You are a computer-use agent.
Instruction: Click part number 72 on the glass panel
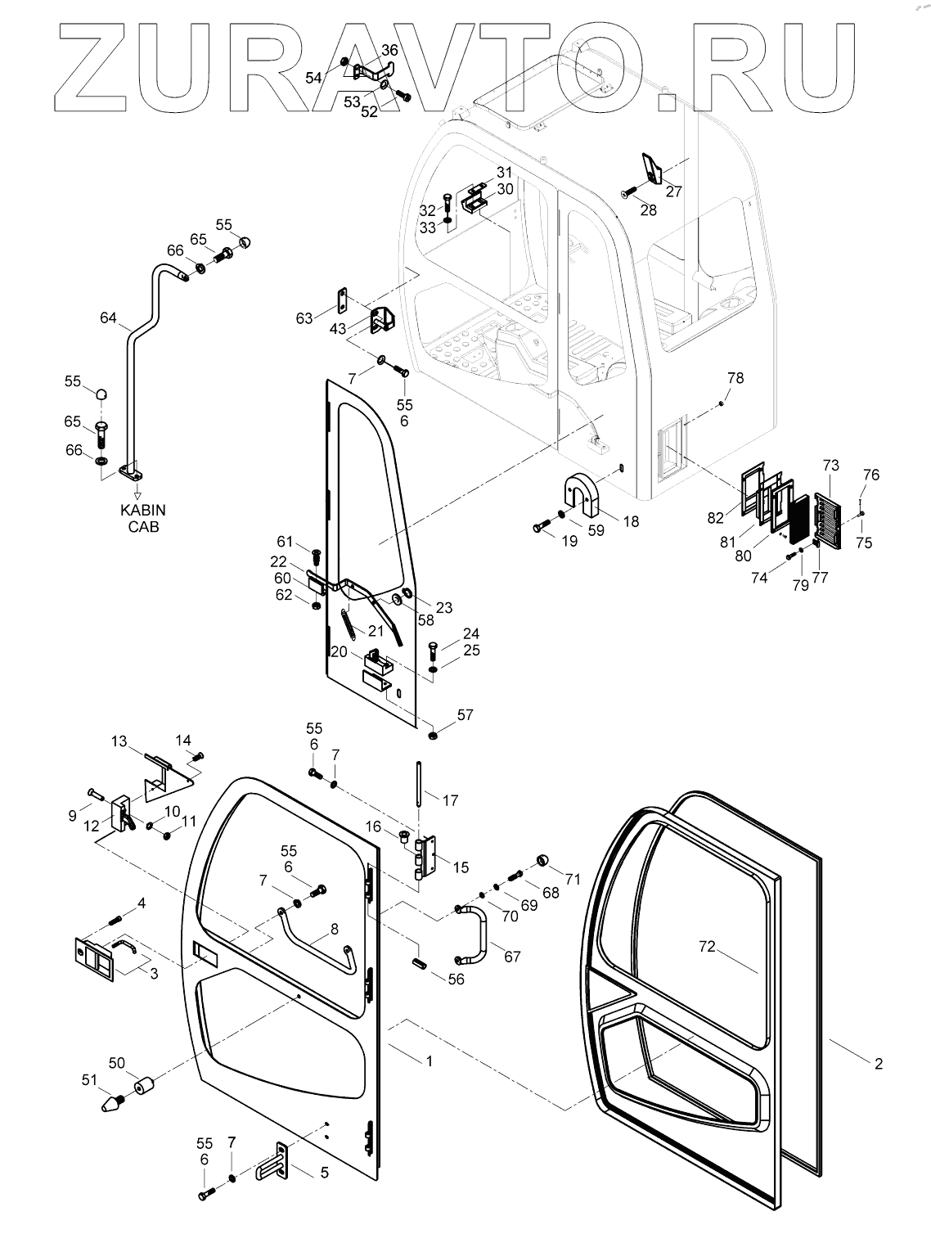click(x=707, y=947)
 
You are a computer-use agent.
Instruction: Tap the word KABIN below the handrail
click(x=143, y=510)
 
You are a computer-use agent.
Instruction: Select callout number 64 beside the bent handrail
click(x=108, y=318)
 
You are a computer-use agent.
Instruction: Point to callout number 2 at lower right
click(x=878, y=1064)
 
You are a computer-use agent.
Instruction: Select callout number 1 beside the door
click(x=429, y=1061)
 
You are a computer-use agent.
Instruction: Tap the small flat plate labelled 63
click(x=341, y=300)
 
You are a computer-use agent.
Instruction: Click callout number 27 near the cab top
click(x=673, y=191)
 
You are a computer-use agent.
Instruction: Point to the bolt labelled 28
click(x=629, y=191)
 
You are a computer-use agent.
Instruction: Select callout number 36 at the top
click(x=389, y=50)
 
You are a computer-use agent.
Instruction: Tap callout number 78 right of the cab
click(x=735, y=377)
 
